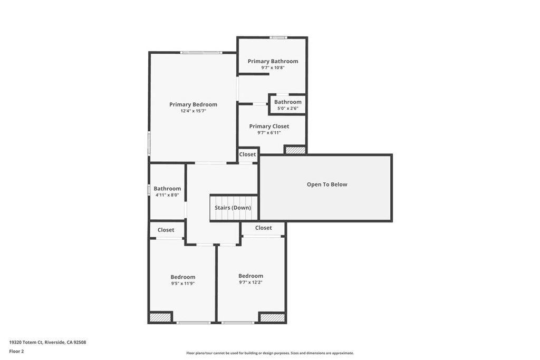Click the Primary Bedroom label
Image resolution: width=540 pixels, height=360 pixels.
click(x=193, y=104)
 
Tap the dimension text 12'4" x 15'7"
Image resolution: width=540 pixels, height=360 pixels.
click(x=193, y=111)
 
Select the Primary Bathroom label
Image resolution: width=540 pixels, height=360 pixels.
click(x=273, y=61)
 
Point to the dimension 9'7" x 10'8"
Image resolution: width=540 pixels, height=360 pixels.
click(x=273, y=67)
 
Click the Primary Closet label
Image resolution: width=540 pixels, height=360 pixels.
click(x=269, y=126)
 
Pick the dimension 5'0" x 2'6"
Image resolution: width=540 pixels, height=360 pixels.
click(x=287, y=109)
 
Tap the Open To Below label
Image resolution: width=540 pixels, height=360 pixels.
click(x=327, y=184)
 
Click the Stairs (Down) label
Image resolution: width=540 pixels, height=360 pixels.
click(x=233, y=208)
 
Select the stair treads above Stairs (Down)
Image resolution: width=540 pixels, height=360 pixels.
click(x=234, y=200)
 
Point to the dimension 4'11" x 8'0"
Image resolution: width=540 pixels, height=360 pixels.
click(x=167, y=195)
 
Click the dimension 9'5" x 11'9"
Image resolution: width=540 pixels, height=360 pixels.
click(x=183, y=284)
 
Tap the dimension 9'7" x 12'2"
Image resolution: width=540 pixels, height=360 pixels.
click(x=250, y=283)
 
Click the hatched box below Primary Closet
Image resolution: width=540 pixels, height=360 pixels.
click(x=295, y=150)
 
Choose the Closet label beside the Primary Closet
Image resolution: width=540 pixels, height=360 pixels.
click(x=247, y=154)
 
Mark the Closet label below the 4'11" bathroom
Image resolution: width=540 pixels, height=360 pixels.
click(x=166, y=230)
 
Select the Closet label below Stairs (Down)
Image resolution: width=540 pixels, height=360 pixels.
click(x=263, y=228)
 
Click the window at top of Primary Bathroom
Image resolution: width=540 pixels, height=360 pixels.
click(x=278, y=37)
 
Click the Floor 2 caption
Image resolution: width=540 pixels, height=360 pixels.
click(x=16, y=351)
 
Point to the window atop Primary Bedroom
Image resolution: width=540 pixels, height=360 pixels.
click(x=201, y=52)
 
